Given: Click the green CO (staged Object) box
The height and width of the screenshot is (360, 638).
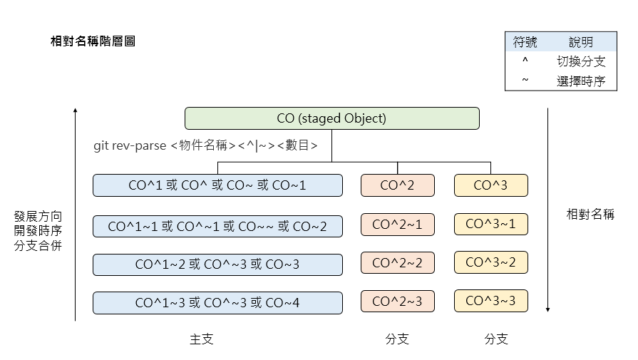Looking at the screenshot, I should pos(331,118).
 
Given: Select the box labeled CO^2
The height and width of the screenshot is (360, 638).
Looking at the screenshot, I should pos(397,185).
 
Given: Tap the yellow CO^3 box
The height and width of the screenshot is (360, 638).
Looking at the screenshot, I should pos(490,185).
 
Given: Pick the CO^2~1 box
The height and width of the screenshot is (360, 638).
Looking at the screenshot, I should pos(397,225).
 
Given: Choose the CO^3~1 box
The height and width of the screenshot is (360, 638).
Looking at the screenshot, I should pos(490,225).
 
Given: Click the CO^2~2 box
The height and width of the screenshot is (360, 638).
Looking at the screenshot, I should pos(397,263).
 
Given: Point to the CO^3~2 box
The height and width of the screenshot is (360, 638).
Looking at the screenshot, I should pos(490,263).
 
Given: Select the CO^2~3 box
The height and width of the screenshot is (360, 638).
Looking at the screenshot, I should pos(397,302).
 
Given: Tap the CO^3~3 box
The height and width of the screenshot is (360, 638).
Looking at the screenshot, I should pos(490,302).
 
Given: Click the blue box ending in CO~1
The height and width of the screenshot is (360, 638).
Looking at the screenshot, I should pos(217,185).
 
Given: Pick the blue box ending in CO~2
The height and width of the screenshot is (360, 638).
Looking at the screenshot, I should pos(217,227).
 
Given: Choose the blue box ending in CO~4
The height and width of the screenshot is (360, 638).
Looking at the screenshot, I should pos(217,303).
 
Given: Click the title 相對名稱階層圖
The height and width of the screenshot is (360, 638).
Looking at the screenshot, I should pos(93,41).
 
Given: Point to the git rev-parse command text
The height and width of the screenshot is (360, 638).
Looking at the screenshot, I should pos(205,145).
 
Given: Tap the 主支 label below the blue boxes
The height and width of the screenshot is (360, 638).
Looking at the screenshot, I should pos(201,339).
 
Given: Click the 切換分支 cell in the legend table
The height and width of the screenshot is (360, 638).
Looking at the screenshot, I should pos(581,62).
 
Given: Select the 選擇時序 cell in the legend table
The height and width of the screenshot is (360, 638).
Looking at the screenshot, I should pos(581,81).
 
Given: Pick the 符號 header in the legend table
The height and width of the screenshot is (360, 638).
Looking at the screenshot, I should pos(525,43).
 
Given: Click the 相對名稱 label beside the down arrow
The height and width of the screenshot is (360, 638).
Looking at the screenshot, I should pos(590,214).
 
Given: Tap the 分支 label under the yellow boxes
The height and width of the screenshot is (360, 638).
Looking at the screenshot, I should pos(496,339).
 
